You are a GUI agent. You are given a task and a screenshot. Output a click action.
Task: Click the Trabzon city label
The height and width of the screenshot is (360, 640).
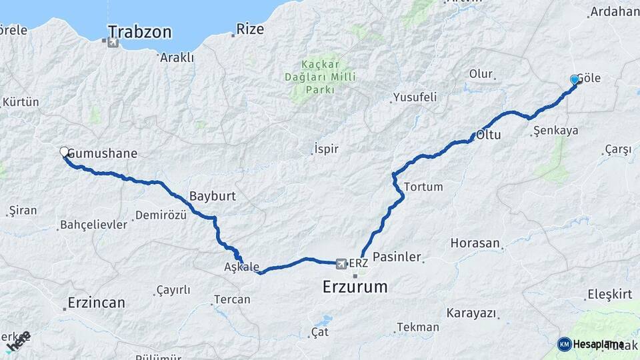point(139,32)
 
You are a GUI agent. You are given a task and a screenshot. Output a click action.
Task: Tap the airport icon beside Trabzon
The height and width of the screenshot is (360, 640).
point(111,43)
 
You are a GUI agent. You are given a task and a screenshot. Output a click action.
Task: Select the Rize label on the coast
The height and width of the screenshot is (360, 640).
point(250,29)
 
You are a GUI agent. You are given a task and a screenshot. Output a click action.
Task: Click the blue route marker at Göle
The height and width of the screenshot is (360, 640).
point(575,80)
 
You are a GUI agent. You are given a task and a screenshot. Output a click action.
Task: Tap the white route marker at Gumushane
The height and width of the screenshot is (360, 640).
point(65,152)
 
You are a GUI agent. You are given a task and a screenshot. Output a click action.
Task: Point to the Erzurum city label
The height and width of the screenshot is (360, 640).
point(355,287)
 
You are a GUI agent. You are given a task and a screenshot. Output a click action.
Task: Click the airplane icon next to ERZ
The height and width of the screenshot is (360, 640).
point(342,264)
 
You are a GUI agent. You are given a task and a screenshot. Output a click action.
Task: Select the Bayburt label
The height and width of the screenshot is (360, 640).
point(212,197)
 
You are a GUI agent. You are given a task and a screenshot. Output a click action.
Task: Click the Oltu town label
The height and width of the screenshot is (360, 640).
point(488,135)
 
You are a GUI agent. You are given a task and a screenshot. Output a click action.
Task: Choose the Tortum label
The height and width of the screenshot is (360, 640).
point(423,187)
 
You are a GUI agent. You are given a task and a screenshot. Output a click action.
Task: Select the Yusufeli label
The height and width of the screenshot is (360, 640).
point(415,97)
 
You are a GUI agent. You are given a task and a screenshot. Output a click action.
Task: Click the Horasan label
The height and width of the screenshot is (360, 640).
point(475,243)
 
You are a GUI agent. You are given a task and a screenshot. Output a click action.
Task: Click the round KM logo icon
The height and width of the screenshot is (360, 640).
point(565,344)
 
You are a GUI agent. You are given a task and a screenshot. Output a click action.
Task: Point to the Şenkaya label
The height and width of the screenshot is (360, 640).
point(555,131)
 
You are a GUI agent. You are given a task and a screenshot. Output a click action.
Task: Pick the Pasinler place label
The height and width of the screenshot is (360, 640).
point(397,257)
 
